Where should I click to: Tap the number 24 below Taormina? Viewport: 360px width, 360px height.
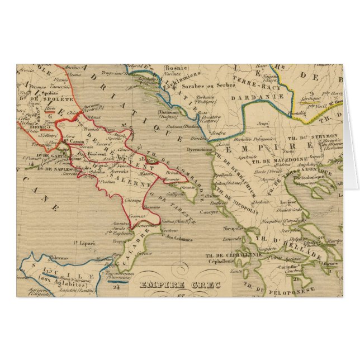(116, 288)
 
